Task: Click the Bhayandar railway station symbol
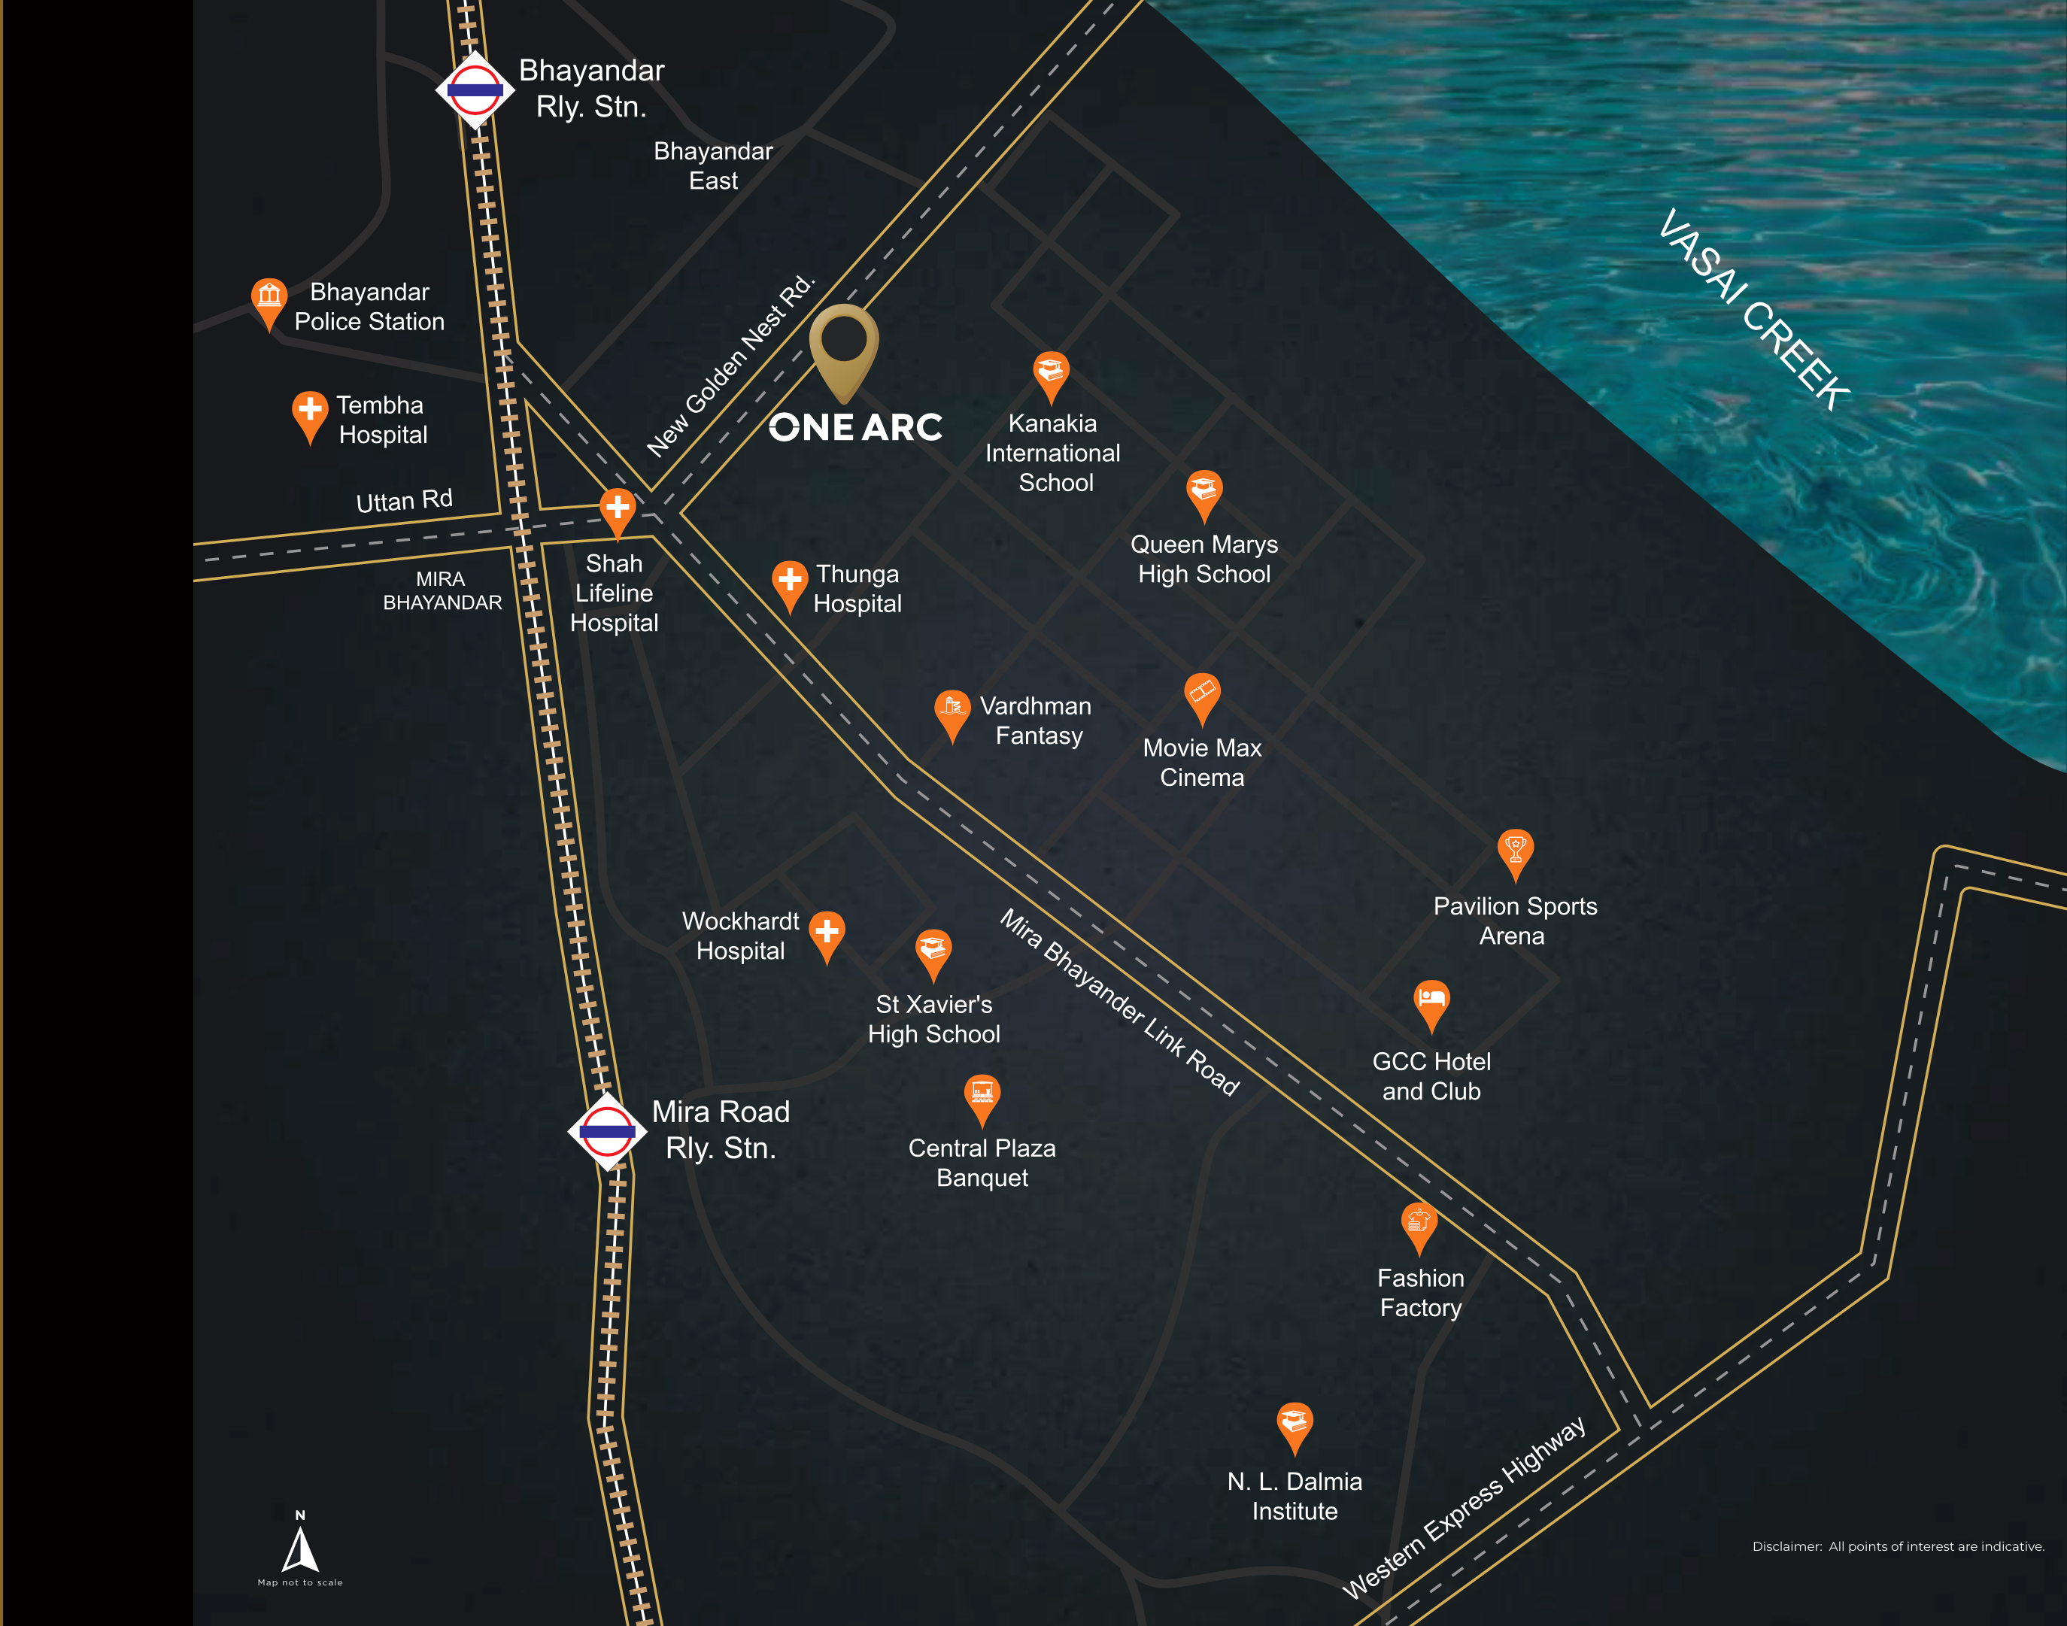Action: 475,90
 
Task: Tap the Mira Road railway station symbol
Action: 608,1131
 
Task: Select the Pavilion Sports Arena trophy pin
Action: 1515,850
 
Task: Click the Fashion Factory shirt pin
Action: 1419,1224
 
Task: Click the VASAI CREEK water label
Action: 1754,309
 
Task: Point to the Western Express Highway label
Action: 1465,1507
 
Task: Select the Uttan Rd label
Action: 404,501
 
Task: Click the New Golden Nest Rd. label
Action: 731,366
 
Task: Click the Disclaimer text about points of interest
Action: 1898,1546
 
